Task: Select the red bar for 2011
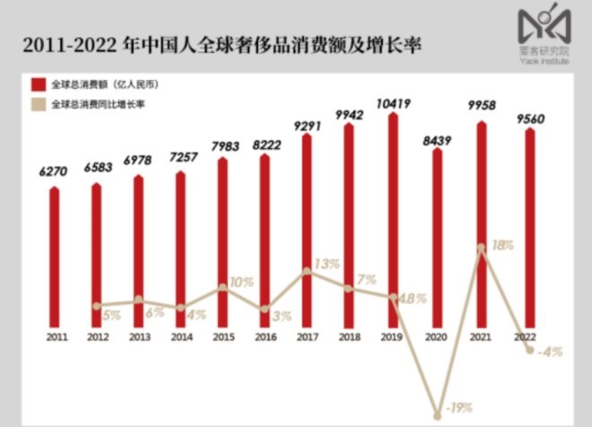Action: point(55,257)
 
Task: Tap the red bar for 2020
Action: point(437,237)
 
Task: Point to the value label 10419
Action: point(392,104)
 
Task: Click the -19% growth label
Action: point(460,408)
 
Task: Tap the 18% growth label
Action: point(504,244)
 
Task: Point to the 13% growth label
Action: point(326,264)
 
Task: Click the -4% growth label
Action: point(549,352)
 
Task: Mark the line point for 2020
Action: point(438,414)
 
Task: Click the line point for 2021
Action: point(482,247)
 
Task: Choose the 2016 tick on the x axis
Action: point(265,337)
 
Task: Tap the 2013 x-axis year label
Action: point(139,337)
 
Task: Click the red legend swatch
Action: point(39,84)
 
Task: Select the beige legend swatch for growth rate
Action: point(39,104)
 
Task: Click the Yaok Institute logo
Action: point(542,31)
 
